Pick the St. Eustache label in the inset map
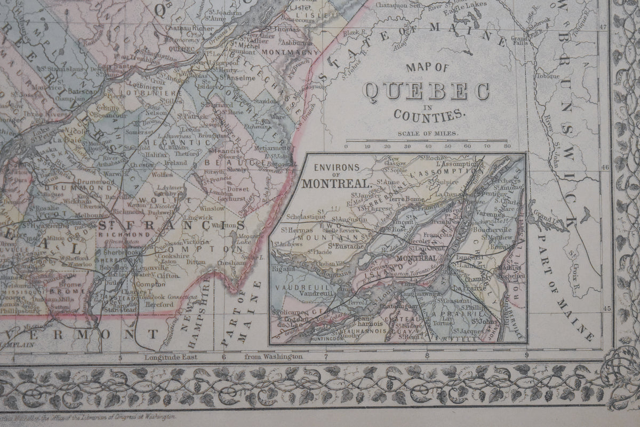(345, 245)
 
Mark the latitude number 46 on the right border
(604, 167)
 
